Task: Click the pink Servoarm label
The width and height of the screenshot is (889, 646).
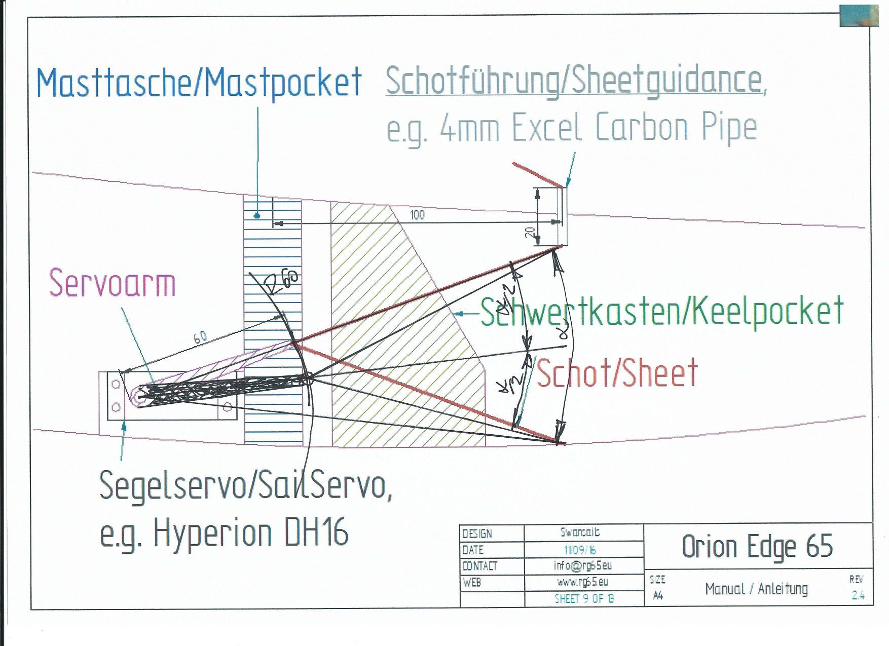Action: [112, 283]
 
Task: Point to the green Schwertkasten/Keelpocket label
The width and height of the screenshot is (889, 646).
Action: [662, 311]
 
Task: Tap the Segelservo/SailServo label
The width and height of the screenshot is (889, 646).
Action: [245, 485]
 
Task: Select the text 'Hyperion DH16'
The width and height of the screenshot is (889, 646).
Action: [251, 533]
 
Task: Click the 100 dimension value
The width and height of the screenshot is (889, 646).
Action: [417, 215]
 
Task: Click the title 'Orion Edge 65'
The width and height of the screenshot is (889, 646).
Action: [757, 546]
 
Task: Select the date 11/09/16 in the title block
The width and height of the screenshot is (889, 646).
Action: [580, 550]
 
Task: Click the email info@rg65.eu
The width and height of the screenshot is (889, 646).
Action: [582, 565]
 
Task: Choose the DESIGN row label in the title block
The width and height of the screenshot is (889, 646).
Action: [477, 534]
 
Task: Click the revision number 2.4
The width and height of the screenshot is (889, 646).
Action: [858, 595]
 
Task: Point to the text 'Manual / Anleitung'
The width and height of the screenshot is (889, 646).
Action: [756, 589]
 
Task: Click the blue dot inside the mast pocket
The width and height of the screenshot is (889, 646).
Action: [257, 215]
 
